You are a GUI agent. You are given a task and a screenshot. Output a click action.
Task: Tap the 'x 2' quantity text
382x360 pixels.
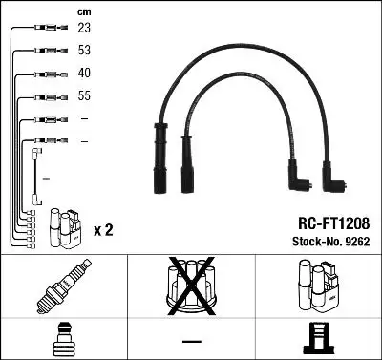click(104, 231)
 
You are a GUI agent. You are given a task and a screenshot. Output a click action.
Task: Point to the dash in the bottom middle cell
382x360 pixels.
click(191, 340)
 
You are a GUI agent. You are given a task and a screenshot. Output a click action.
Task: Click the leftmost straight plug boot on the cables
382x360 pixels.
click(155, 164)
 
